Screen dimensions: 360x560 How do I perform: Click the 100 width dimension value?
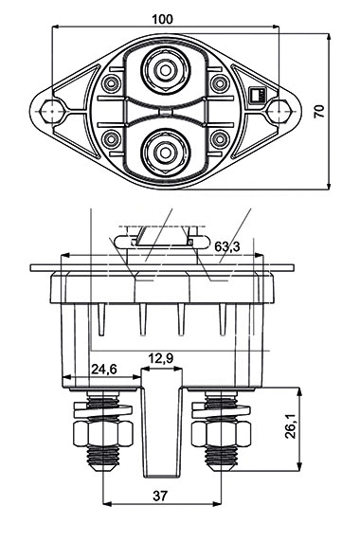[162, 19]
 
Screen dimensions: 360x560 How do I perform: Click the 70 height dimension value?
[319, 111]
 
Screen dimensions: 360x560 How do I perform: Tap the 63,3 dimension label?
[227, 246]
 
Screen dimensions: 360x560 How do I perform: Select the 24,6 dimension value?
[104, 369]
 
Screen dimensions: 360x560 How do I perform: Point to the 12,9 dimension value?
[161, 358]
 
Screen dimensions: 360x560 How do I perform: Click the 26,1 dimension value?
[291, 426]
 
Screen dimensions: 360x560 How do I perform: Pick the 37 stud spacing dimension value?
[160, 496]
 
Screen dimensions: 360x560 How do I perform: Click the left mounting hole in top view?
[52, 111]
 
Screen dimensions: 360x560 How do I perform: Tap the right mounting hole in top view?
[278, 111]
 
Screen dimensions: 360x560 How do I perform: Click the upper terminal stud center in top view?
[165, 70]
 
